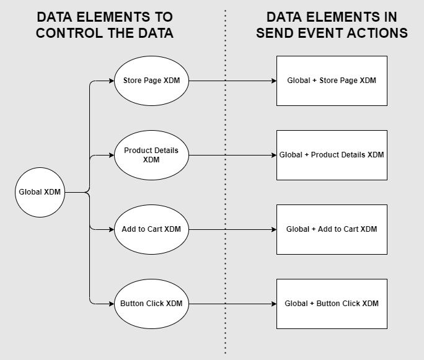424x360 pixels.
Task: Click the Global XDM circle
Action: tap(40, 192)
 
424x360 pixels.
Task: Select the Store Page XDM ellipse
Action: tap(151, 81)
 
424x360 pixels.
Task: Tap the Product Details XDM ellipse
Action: tap(151, 155)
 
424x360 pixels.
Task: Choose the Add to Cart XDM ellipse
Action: tap(151, 229)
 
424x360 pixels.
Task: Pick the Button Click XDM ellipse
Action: tap(151, 304)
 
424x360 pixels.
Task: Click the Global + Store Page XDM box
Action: tap(332, 81)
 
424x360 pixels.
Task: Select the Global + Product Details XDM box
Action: tap(332, 155)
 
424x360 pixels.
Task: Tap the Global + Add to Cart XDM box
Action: tap(332, 229)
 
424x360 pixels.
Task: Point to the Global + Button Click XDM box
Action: tap(332, 304)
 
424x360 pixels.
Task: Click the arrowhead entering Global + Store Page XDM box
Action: tap(273, 81)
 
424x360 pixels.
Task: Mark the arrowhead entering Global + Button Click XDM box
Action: tap(273, 304)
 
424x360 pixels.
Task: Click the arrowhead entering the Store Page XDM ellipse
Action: tap(112, 81)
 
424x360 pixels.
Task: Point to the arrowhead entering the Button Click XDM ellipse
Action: tap(112, 304)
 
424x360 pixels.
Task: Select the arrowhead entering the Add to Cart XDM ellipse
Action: tap(112, 229)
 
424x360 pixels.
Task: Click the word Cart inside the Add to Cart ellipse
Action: tap(156, 229)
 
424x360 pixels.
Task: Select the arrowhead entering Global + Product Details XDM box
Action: tap(273, 155)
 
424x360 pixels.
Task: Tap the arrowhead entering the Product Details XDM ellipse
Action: tap(112, 155)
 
